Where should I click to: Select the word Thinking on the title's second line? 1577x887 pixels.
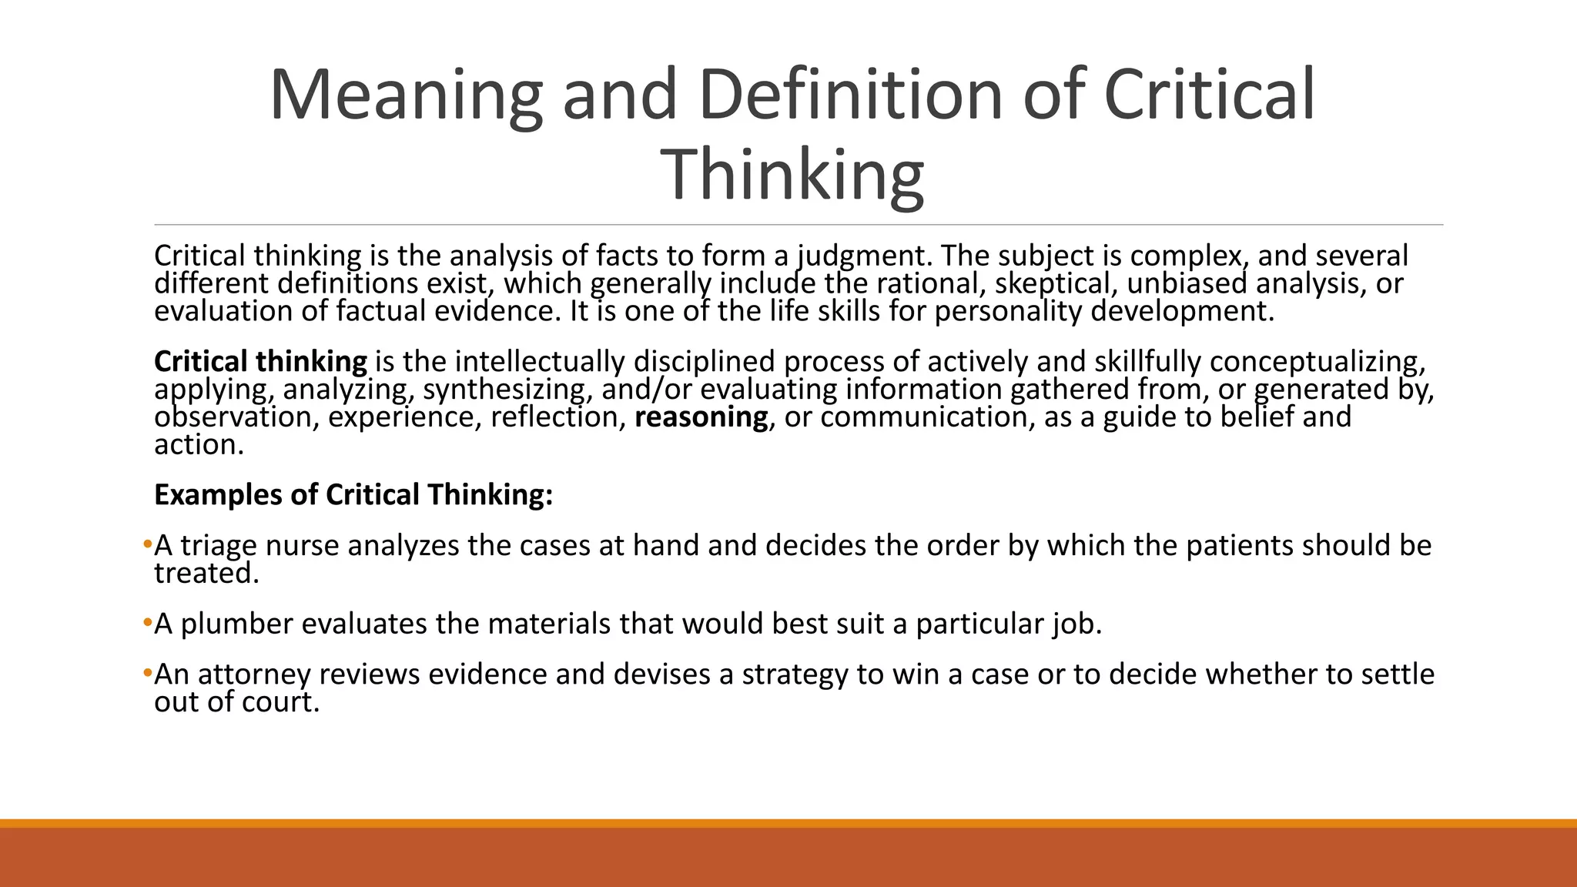coord(792,176)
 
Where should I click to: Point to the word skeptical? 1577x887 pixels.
coord(1056,283)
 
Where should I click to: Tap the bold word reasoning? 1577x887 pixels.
coord(701,417)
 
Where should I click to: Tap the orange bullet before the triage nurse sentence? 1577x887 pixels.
coord(147,545)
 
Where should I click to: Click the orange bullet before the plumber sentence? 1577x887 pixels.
coord(147,623)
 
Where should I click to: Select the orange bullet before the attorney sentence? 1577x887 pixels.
coord(147,674)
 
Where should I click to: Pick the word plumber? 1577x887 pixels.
coord(236,623)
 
